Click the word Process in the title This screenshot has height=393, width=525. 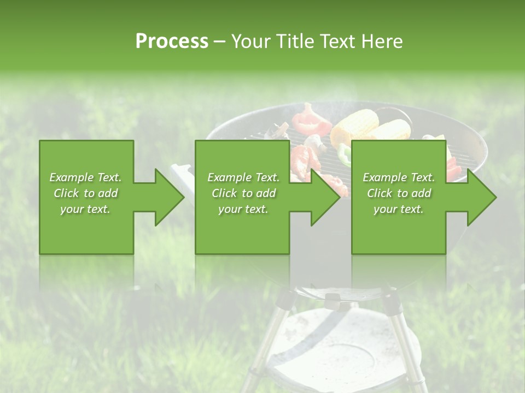tap(172, 41)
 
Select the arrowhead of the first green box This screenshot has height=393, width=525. tap(168, 197)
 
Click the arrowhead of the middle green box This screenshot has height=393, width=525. tap(325, 197)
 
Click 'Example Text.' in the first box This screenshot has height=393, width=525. tap(85, 177)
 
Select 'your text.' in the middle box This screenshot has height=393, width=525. tap(243, 209)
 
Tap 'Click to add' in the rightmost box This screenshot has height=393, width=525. tap(399, 193)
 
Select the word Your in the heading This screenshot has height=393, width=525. tap(253, 41)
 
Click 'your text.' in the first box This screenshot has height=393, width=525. tap(85, 209)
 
